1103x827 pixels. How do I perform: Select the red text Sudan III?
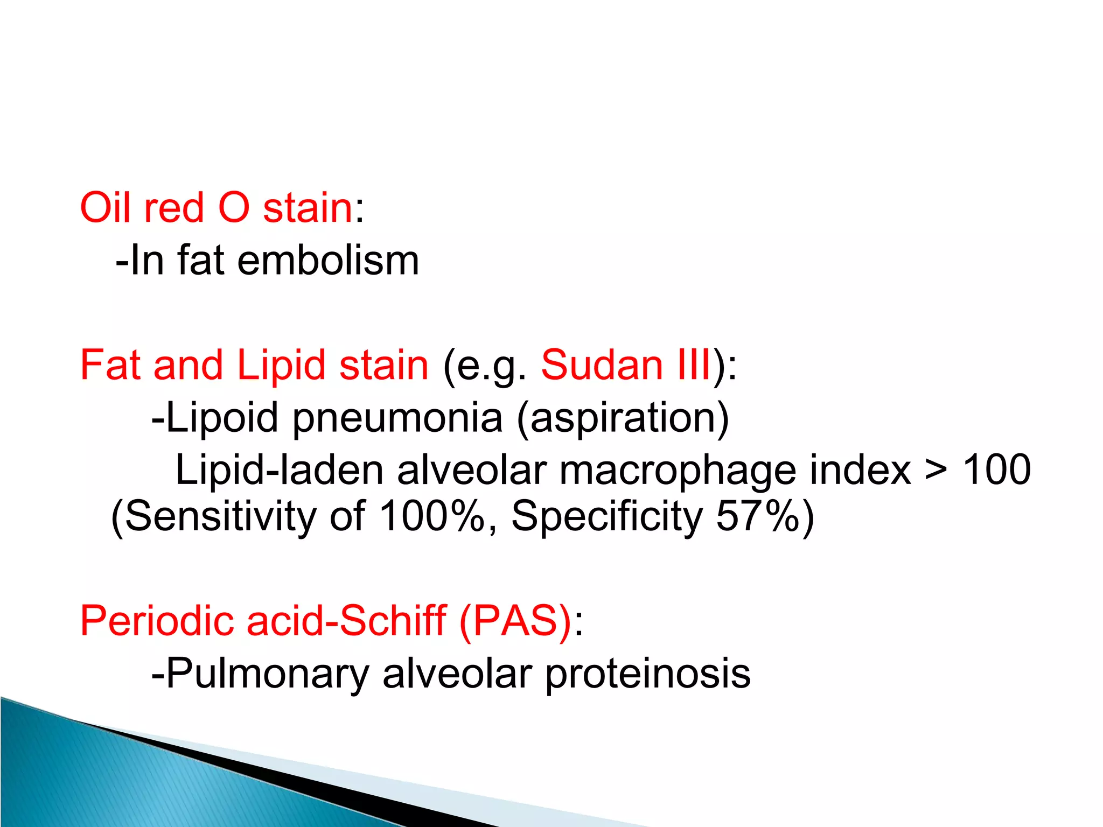626,365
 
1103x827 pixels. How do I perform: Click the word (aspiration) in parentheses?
623,418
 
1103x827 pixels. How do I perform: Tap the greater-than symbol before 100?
936,469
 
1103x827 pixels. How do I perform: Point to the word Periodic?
156,621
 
